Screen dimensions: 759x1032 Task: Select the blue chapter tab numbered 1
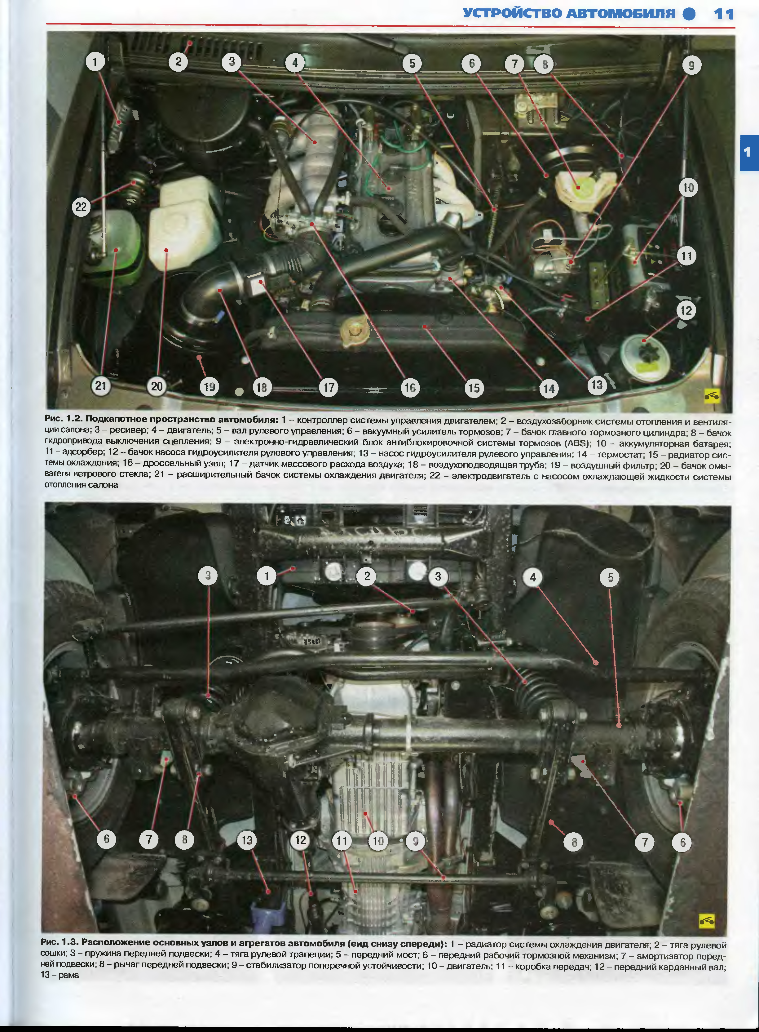click(x=749, y=153)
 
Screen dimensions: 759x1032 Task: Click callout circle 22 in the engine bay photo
click(x=81, y=207)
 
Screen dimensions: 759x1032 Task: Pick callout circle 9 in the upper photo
click(x=691, y=66)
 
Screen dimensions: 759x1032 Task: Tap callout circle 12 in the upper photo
click(x=686, y=311)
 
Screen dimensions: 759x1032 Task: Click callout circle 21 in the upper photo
click(x=101, y=386)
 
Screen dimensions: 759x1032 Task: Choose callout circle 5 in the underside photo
click(x=610, y=578)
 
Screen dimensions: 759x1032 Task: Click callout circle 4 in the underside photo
click(x=533, y=577)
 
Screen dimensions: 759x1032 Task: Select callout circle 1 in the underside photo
click(x=267, y=576)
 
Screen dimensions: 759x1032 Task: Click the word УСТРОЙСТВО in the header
click(x=512, y=14)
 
